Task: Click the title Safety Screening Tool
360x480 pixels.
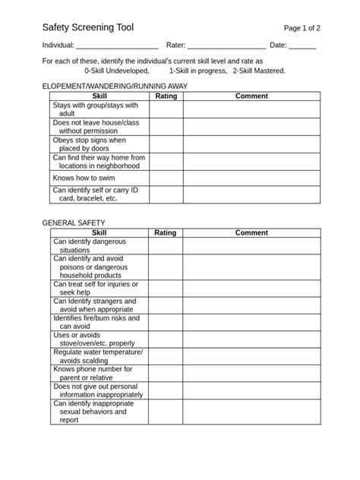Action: coord(87,27)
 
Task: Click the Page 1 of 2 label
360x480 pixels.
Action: coord(302,27)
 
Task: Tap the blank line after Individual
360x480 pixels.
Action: coord(118,46)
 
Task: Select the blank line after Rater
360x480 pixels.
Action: coord(226,46)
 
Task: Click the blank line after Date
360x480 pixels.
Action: coord(302,46)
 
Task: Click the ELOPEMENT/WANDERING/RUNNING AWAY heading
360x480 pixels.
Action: coord(115,87)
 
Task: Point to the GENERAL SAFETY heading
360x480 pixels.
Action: coord(74,223)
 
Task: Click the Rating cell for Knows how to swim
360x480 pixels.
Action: coord(166,177)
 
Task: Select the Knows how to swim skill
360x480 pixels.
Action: coord(84,177)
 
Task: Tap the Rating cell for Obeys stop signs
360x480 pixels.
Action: coord(166,144)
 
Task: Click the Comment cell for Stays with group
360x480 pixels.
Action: coord(251,109)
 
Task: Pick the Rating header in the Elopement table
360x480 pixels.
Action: coord(166,96)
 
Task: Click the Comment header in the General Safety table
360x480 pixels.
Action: coord(251,232)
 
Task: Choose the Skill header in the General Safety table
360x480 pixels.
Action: coord(99,232)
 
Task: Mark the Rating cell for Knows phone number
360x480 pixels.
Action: coord(166,373)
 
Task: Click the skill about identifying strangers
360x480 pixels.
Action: coord(94,305)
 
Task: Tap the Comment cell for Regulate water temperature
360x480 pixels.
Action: coord(251,356)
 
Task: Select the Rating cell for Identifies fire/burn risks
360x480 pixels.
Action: coord(166,322)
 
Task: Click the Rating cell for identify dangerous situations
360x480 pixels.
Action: coord(166,245)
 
